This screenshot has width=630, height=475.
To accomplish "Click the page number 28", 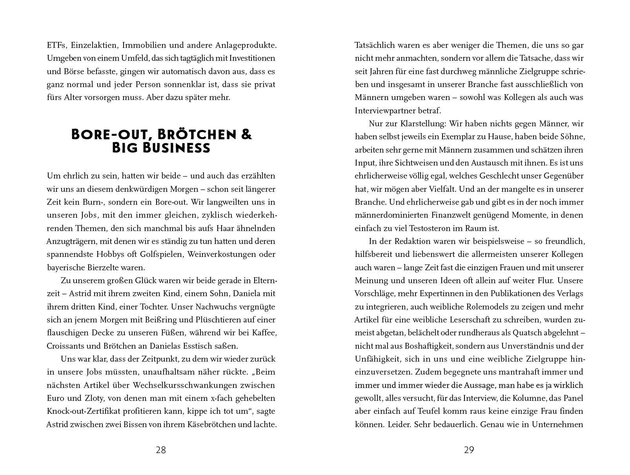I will [161, 450].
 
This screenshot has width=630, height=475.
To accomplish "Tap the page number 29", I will [469, 450].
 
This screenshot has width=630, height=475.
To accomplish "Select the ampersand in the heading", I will [246, 135].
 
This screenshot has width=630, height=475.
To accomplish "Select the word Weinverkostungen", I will [220, 254].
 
